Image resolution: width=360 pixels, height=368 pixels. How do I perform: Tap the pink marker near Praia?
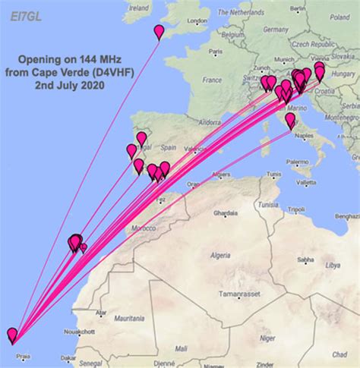[12, 335]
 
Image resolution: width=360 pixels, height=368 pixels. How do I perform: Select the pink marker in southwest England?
[159, 32]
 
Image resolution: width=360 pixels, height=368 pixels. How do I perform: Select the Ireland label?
[138, 8]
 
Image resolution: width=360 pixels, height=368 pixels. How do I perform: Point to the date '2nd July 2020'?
[69, 85]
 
